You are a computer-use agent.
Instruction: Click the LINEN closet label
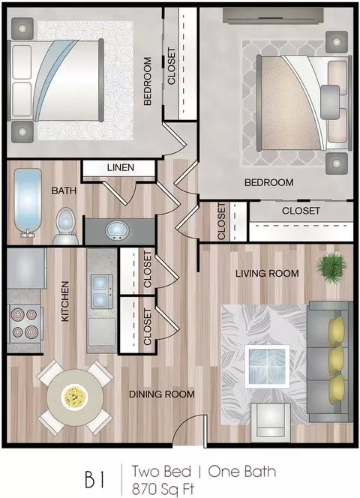click(x=121, y=167)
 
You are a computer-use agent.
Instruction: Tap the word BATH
click(x=64, y=190)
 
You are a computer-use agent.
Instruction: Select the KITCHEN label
click(x=64, y=301)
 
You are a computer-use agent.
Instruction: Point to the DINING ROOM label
click(x=162, y=394)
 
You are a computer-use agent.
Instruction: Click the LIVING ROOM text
click(x=267, y=273)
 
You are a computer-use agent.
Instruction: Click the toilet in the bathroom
click(x=66, y=226)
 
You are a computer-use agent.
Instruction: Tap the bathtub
click(x=28, y=202)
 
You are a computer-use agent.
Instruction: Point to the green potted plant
click(x=331, y=266)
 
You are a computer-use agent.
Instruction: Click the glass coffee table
click(x=267, y=366)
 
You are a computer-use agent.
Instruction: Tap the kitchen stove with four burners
click(x=25, y=323)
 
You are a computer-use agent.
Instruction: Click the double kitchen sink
click(x=101, y=291)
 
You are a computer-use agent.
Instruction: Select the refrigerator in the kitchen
click(x=25, y=268)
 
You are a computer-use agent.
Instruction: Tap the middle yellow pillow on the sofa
click(x=336, y=361)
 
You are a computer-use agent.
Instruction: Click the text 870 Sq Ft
click(x=163, y=489)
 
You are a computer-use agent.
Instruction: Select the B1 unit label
click(x=94, y=479)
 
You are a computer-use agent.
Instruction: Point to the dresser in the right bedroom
click(x=273, y=16)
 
